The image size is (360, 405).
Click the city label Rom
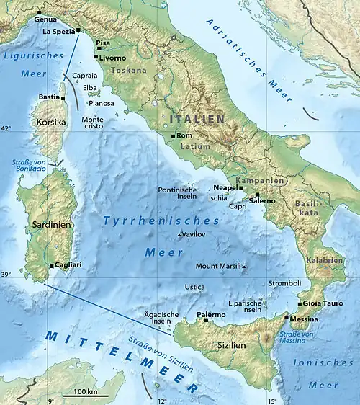coord(184,135)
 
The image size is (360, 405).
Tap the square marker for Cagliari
coord(51,265)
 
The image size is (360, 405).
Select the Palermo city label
coord(210,315)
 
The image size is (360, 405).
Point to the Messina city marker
coord(287,317)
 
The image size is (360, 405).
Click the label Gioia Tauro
coord(323,304)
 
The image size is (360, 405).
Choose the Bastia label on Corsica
coord(49,97)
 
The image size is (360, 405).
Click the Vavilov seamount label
coord(193,235)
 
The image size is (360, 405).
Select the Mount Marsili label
coord(223,267)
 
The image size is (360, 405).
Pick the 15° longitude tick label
coord(272,401)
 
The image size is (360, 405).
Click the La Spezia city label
coord(58,32)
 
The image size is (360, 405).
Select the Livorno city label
coord(112,57)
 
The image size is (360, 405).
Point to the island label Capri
coord(239,205)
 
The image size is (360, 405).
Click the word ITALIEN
coord(197,117)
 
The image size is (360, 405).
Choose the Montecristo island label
coord(94,123)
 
